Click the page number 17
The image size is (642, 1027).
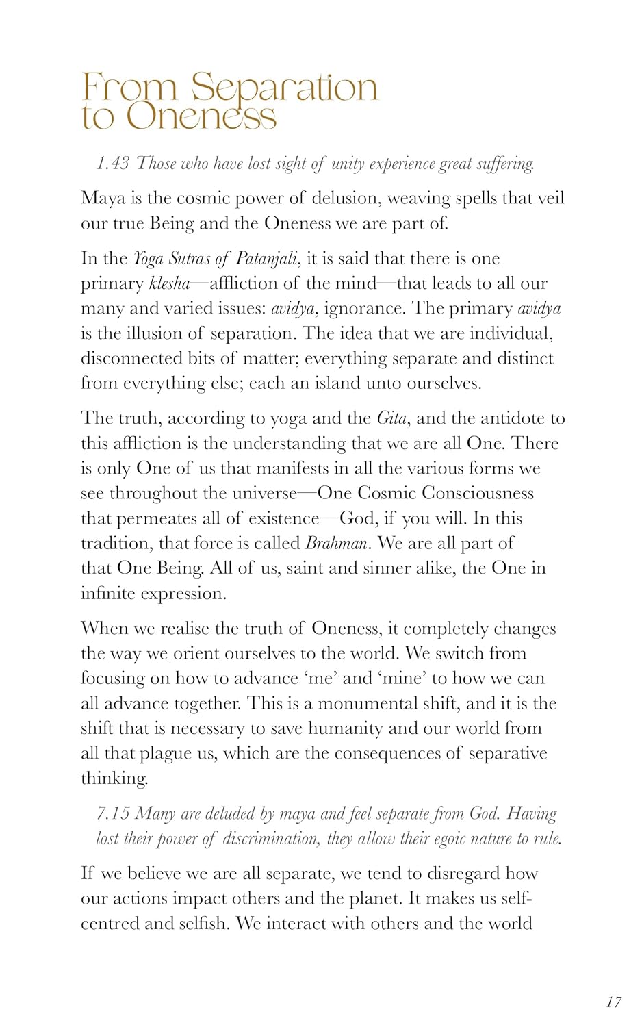[x=614, y=1002]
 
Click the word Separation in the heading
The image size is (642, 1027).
[x=284, y=88]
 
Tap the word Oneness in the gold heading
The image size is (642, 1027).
[x=202, y=117]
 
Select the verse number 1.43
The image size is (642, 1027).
[x=113, y=164]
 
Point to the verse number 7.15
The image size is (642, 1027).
[x=113, y=813]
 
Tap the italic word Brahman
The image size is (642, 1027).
[x=337, y=544]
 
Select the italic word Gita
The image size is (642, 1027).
[x=391, y=418]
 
